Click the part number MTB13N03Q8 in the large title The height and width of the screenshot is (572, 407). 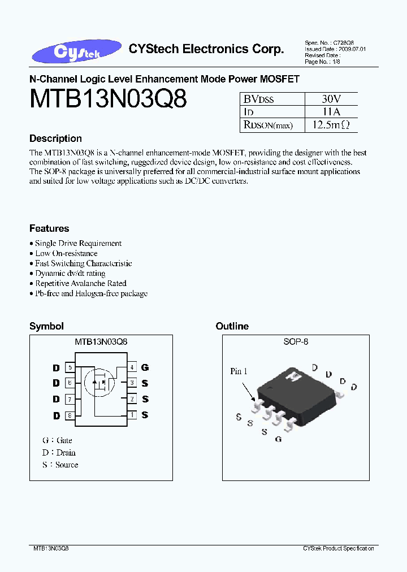[107, 99]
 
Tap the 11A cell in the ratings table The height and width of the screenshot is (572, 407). [331, 112]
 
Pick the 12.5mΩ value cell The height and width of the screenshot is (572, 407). [331, 125]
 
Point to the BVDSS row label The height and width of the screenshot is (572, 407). [259, 99]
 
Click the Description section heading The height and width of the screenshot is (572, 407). [55, 138]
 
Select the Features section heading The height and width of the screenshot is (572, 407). [49, 228]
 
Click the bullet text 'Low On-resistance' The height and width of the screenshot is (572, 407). [66, 253]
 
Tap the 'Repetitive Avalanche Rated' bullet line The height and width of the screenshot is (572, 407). [81, 283]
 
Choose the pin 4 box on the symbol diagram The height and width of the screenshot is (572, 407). [132, 367]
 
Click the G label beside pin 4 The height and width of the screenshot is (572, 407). [145, 367]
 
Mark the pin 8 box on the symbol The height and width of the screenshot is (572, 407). [70, 415]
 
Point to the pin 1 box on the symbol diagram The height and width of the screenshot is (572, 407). [132, 415]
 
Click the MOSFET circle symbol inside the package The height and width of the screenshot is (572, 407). [99, 383]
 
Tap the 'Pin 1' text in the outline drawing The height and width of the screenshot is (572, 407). [239, 371]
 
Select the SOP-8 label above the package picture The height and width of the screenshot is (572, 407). [296, 342]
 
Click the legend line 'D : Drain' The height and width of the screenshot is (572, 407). [59, 452]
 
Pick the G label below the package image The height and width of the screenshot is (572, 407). [278, 439]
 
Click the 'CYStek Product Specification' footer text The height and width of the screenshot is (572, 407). [338, 549]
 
